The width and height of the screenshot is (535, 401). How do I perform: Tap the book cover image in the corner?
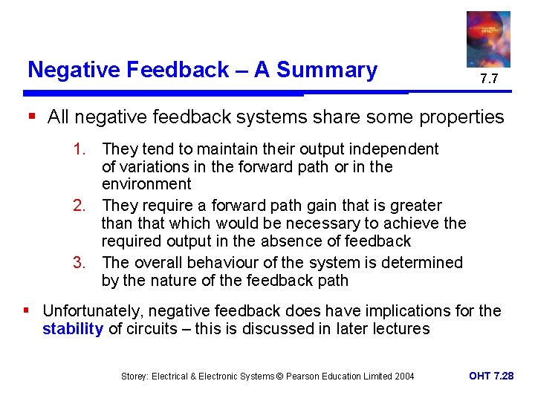[x=488, y=39]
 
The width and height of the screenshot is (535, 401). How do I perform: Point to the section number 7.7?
[x=488, y=79]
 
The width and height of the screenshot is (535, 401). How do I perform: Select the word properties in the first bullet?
[x=463, y=117]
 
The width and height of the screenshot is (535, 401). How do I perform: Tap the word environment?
[x=146, y=184]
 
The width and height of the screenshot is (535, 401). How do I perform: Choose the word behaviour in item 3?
[x=223, y=262]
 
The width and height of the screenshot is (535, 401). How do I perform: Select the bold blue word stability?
[x=73, y=328]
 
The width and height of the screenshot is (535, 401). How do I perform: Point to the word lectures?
[x=401, y=328]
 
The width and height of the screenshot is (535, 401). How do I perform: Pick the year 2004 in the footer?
[x=403, y=376]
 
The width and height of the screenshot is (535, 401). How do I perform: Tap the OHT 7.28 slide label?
[x=491, y=376]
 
